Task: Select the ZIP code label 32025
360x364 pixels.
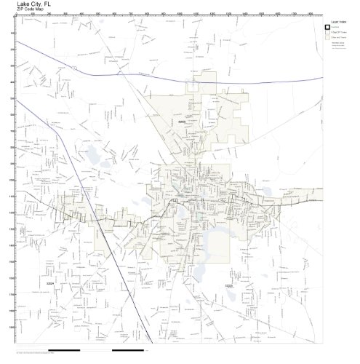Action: [229, 286]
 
